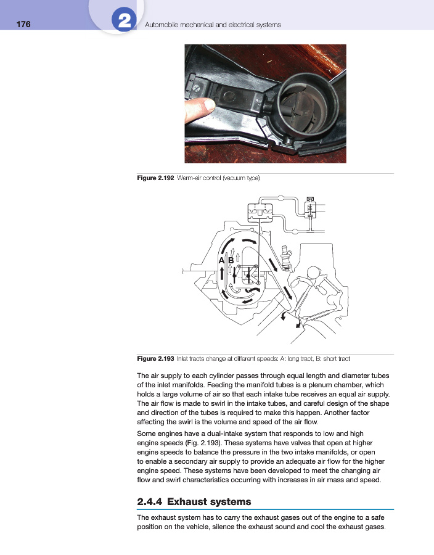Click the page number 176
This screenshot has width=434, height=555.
coord(23,25)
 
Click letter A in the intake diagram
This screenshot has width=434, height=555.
coord(222,261)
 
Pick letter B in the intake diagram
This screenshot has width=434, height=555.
coord(231,261)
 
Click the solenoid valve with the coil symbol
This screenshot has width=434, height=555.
coord(310,210)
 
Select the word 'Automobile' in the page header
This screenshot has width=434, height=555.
coord(162,25)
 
